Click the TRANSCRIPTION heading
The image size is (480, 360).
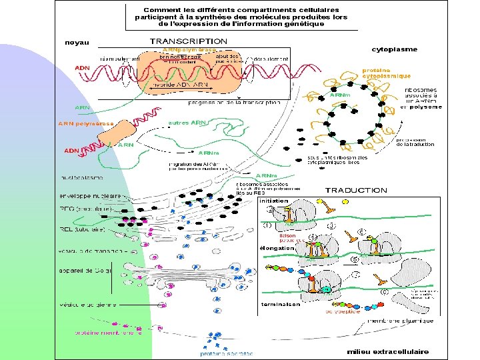tap(188, 41)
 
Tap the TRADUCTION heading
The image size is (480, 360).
tap(355, 190)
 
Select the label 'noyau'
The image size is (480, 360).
tap(77, 43)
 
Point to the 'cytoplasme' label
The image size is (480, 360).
tap(395, 49)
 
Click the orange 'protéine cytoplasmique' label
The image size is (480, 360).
tap(385, 73)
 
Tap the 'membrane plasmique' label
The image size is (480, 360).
tap(399, 321)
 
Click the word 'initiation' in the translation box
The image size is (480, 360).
tap(273, 201)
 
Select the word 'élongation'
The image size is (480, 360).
tap(277, 248)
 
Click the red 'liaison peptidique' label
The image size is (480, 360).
tap(287, 237)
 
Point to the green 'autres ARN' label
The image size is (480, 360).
tap(187, 123)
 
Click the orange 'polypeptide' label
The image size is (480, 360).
tap(342, 311)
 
